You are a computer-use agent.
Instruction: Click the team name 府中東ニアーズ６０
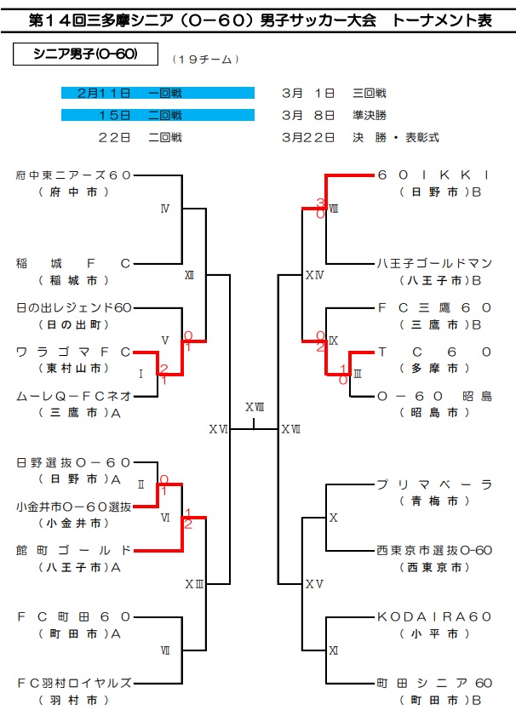coord(73,175)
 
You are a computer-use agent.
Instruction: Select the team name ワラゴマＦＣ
coord(73,351)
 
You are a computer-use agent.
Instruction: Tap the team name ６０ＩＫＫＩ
coord(434,175)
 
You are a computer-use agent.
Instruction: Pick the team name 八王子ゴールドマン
coord(434,263)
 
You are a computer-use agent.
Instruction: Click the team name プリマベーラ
coord(434,484)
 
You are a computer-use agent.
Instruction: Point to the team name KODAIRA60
coord(434,616)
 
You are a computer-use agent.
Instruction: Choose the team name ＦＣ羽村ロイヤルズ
coord(73,682)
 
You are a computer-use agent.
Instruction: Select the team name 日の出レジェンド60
coord(73,307)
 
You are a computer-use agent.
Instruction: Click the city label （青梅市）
coord(434,501)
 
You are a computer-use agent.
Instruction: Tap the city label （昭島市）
coord(434,412)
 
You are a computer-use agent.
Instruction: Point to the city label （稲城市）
coord(73,280)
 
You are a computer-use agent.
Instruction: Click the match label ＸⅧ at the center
coord(255,407)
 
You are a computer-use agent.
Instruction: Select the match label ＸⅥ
coord(219,429)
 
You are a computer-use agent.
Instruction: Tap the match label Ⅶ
coord(164,650)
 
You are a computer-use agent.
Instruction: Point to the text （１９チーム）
coord(205,59)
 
